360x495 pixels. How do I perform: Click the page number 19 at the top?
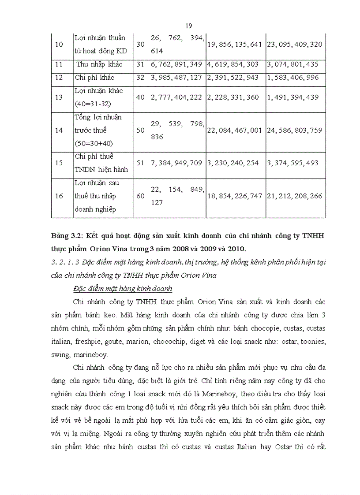tap(189, 26)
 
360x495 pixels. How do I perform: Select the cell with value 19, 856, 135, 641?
tap(235, 45)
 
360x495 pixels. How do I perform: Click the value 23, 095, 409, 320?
tap(295, 45)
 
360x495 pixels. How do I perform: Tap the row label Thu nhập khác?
tap(99, 64)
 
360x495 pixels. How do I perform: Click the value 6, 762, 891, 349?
tap(176, 64)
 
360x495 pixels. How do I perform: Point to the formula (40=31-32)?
tap(94, 104)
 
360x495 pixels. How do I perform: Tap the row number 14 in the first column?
tap(59, 130)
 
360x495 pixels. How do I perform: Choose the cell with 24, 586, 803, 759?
tap(295, 130)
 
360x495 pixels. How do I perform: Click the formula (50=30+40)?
tap(95, 144)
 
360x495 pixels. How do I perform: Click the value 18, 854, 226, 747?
tap(235, 196)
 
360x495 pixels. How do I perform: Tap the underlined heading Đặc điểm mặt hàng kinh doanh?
tap(122, 289)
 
